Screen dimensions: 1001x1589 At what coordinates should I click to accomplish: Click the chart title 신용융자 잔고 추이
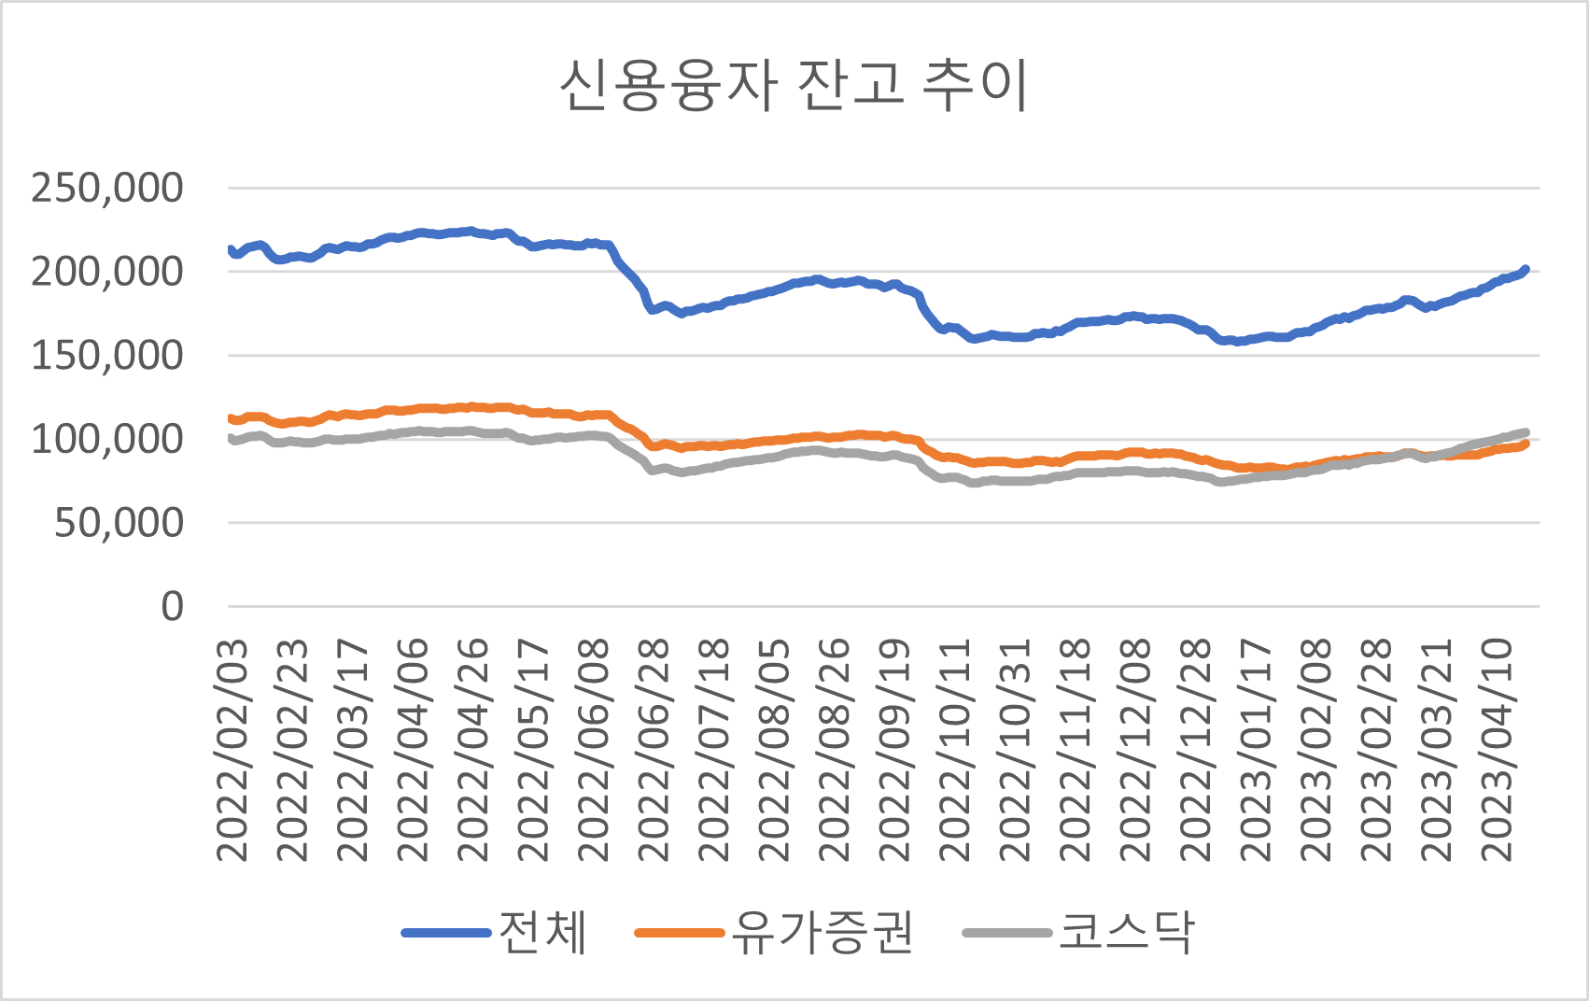point(794,86)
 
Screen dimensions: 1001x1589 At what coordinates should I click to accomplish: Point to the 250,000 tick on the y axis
point(107,188)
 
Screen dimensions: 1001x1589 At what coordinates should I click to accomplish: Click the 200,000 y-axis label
point(107,272)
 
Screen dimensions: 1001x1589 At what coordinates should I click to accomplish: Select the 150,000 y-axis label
point(107,355)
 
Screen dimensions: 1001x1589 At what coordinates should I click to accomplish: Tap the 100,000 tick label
point(107,439)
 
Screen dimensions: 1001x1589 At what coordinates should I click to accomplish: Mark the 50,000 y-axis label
point(119,523)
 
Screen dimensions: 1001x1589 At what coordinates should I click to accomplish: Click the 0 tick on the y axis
point(173,607)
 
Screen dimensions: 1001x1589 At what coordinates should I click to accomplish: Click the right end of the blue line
point(1526,270)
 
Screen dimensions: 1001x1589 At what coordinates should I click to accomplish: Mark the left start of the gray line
point(231,438)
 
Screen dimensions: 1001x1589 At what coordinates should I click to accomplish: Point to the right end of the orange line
point(1526,444)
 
